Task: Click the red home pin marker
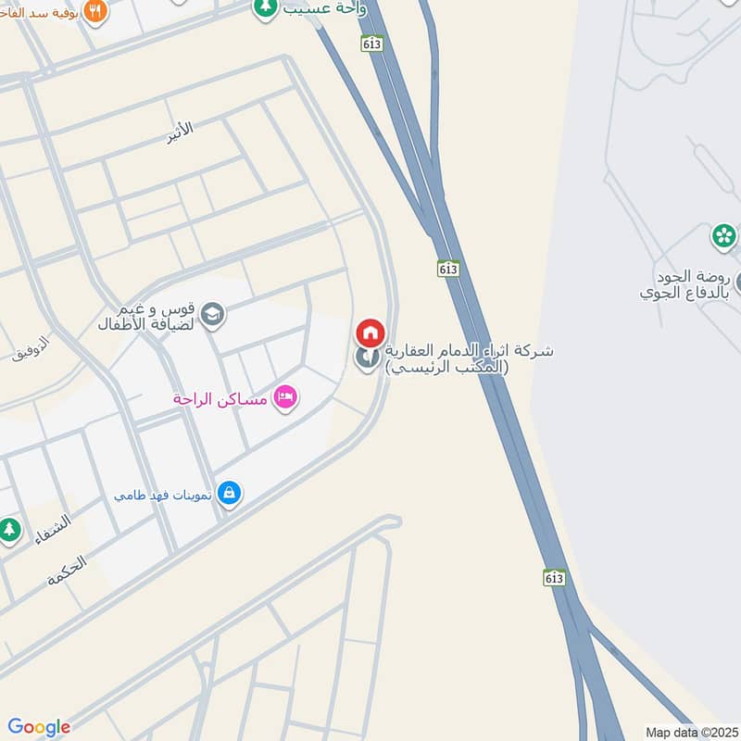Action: pyautogui.click(x=370, y=332)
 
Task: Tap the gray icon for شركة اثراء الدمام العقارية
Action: pyautogui.click(x=368, y=357)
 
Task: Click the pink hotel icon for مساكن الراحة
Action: pyautogui.click(x=286, y=397)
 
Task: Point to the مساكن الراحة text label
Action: pyautogui.click(x=220, y=399)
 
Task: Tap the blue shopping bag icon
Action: pyautogui.click(x=229, y=494)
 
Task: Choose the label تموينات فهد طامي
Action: pyautogui.click(x=163, y=495)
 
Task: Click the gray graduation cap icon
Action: pyautogui.click(x=212, y=315)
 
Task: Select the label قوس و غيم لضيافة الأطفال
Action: pyautogui.click(x=148, y=317)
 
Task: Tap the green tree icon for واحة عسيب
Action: pyautogui.click(x=266, y=7)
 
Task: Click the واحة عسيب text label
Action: pyautogui.click(x=323, y=7)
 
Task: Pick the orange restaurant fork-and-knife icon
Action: pyautogui.click(x=95, y=11)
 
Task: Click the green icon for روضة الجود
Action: pyautogui.click(x=723, y=236)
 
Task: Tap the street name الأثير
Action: pyautogui.click(x=181, y=132)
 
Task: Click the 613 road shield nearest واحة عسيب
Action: pyautogui.click(x=372, y=43)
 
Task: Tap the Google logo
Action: pyautogui.click(x=39, y=727)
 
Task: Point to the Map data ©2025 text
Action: pyautogui.click(x=689, y=732)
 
